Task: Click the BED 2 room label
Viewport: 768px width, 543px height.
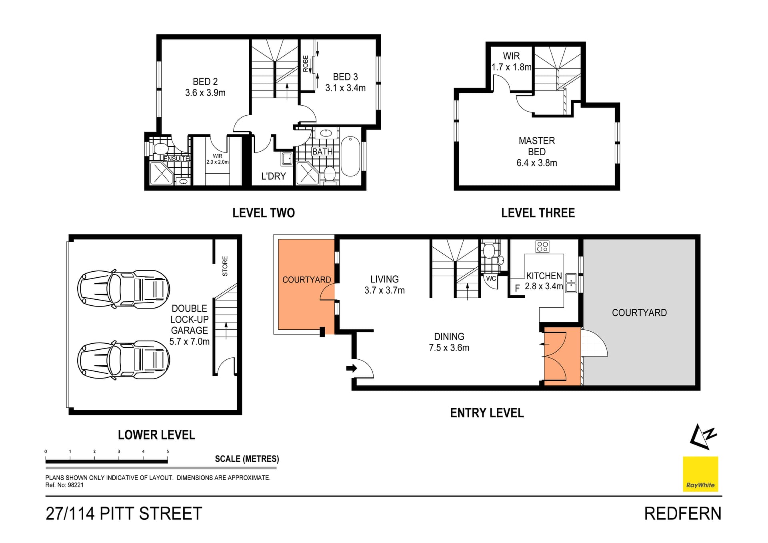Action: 205,82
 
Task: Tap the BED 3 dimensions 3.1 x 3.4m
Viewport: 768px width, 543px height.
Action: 345,88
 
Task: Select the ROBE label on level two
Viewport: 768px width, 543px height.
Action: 306,64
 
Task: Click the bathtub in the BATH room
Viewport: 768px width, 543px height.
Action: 351,156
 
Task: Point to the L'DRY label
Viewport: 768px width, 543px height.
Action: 273,176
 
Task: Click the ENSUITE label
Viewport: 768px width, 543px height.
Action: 176,158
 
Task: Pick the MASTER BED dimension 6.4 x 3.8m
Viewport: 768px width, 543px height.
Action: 536,163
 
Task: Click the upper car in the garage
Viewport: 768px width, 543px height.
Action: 123,289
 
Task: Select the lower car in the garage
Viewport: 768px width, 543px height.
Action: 123,360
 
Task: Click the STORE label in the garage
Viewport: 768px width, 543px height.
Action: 225,266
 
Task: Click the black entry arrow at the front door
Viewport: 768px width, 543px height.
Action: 351,368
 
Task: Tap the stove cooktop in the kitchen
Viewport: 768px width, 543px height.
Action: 542,246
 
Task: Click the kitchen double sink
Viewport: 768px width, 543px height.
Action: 571,283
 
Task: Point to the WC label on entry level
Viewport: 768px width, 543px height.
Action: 491,279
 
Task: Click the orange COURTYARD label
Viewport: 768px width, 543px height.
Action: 306,280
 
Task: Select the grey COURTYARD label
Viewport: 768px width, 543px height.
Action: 639,313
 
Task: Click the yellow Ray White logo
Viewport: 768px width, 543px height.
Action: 700,474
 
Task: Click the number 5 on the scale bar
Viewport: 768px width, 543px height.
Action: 168,451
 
